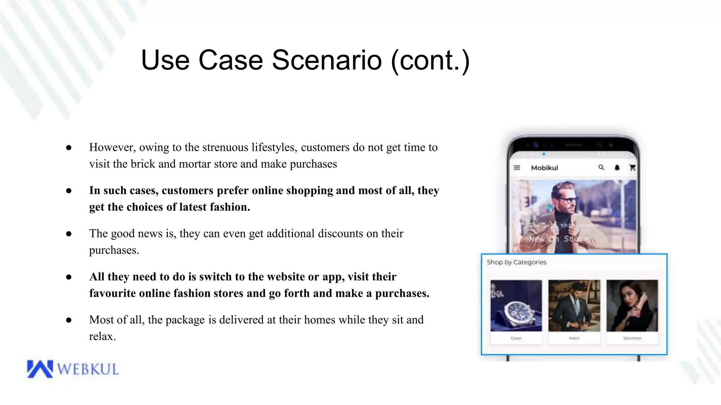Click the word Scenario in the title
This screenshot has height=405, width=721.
click(x=327, y=60)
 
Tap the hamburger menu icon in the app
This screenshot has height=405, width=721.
click(x=517, y=168)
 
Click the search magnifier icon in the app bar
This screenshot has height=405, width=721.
click(x=601, y=167)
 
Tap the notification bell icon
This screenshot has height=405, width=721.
click(x=617, y=168)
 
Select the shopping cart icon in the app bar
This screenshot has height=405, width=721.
click(x=632, y=168)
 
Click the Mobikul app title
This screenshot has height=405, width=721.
click(x=544, y=168)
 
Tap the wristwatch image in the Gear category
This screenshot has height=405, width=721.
click(x=516, y=306)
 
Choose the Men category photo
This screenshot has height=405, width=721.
click(x=574, y=306)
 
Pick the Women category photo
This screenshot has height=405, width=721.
click(x=632, y=306)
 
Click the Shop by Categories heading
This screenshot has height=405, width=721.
click(x=516, y=262)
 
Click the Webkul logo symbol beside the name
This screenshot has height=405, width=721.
click(x=40, y=369)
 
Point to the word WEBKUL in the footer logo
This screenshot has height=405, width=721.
click(x=88, y=369)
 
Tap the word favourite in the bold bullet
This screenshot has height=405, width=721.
click(x=112, y=293)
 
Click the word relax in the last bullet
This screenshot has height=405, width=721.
click(x=101, y=336)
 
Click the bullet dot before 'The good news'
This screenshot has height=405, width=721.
click(x=69, y=234)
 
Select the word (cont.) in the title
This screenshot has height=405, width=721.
click(x=430, y=60)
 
